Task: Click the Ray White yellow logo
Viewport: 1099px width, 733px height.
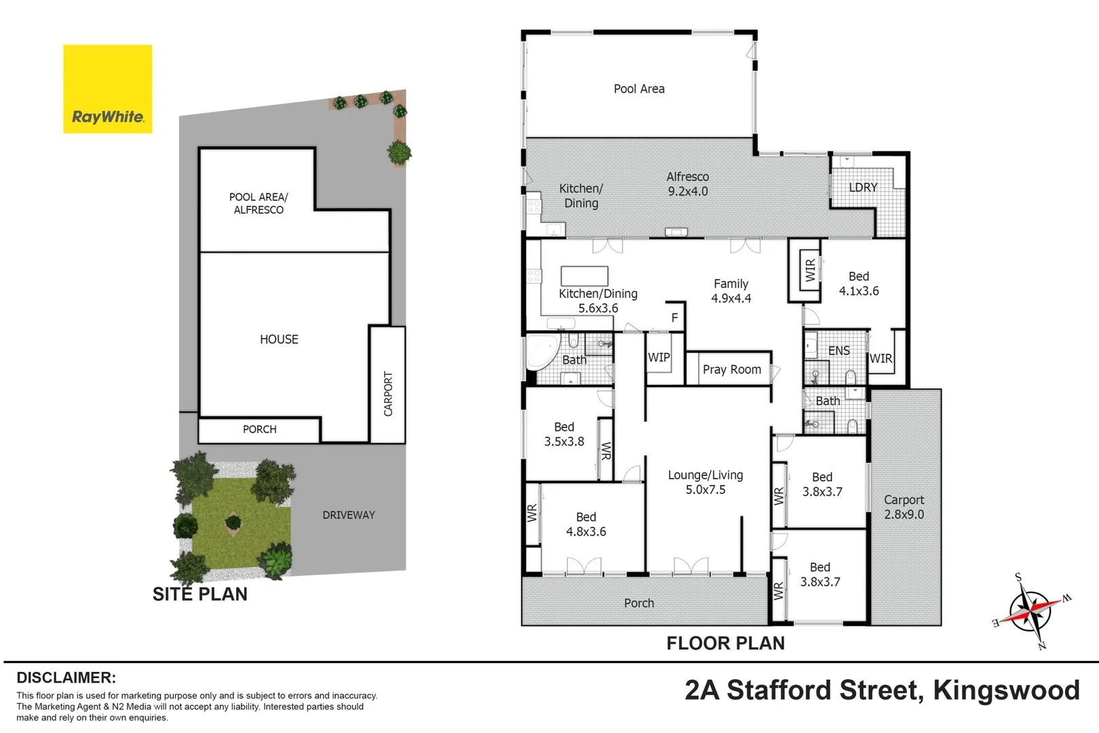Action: (x=107, y=89)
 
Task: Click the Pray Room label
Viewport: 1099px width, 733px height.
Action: (x=731, y=370)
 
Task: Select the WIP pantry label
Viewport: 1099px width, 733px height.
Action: (x=658, y=358)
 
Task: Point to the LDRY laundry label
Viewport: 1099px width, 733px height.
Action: (x=863, y=187)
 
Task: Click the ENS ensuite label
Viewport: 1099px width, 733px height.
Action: (x=838, y=351)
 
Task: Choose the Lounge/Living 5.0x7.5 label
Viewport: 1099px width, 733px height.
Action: (x=706, y=483)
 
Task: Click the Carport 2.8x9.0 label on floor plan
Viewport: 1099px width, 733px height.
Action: (x=904, y=507)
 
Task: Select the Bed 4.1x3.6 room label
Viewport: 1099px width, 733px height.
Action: (x=858, y=284)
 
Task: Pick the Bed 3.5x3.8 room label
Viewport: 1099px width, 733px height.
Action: (x=564, y=434)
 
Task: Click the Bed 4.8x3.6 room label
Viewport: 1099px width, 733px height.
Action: (x=586, y=525)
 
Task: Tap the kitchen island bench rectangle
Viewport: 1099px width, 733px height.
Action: (x=584, y=276)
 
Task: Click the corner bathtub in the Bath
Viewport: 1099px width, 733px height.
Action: (x=541, y=351)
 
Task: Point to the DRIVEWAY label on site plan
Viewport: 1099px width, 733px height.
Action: (x=349, y=515)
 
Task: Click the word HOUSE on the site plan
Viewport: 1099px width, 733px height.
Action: (x=279, y=339)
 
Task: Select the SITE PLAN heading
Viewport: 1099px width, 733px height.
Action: (x=200, y=595)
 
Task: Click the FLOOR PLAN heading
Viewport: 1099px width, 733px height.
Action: (x=725, y=643)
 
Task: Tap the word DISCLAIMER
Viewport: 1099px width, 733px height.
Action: (x=66, y=678)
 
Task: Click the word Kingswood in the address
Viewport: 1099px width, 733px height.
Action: (x=1006, y=690)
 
